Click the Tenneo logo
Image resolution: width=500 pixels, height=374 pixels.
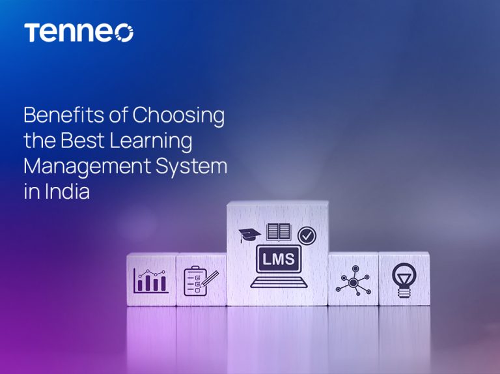(78, 33)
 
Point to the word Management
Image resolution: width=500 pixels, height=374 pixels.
(86, 166)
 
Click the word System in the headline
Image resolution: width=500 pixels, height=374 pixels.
(192, 166)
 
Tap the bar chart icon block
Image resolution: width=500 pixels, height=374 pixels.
(150, 280)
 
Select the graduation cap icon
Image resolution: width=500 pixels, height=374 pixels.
(249, 234)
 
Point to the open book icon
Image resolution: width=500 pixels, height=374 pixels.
(278, 232)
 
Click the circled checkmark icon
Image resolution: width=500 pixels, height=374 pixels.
(306, 235)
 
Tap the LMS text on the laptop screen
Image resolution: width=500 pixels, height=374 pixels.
(278, 259)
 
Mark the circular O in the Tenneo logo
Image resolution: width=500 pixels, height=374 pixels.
(124, 33)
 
